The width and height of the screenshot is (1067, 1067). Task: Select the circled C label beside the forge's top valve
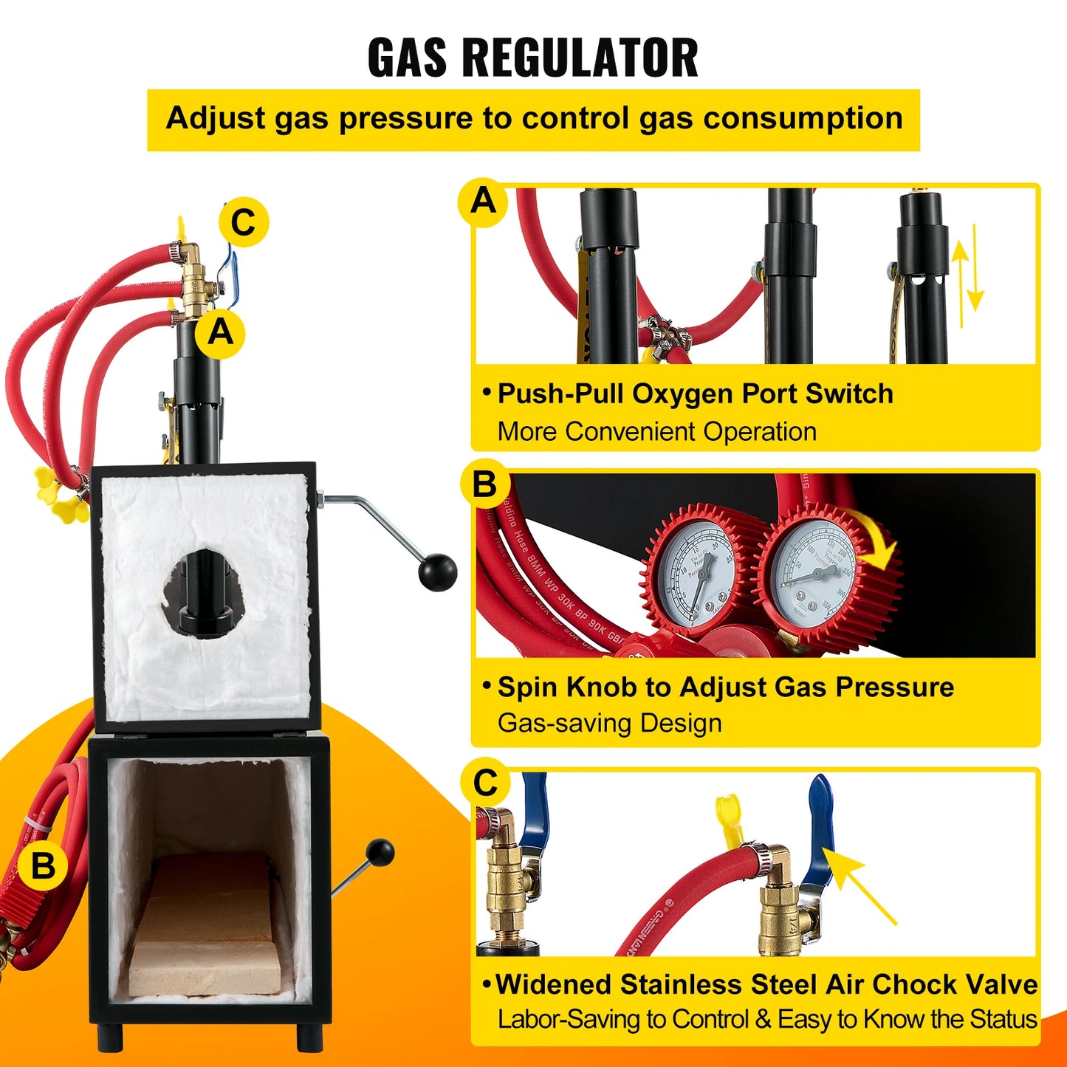coord(243,223)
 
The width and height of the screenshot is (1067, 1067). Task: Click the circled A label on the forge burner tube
coord(220,333)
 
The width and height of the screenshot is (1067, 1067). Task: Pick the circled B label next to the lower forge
coord(43,865)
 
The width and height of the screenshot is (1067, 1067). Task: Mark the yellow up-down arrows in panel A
coord(967,275)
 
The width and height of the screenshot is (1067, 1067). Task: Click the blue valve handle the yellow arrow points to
coord(820,827)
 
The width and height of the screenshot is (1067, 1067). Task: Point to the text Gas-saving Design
coord(609,723)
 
